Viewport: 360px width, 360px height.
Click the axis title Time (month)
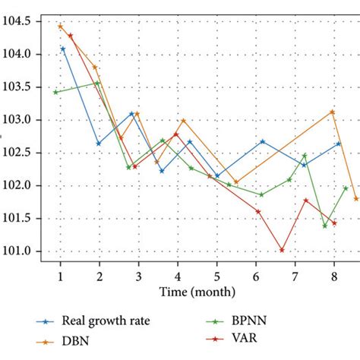197,292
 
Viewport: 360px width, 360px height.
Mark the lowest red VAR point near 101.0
282,250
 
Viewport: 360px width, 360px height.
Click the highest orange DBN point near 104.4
60,26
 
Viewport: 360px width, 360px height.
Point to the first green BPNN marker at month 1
55,92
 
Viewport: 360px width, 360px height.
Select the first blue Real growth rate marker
63,49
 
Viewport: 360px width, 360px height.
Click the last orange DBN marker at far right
356,199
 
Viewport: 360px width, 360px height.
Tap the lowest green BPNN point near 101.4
325,226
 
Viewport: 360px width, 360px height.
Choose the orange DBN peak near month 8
333,112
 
